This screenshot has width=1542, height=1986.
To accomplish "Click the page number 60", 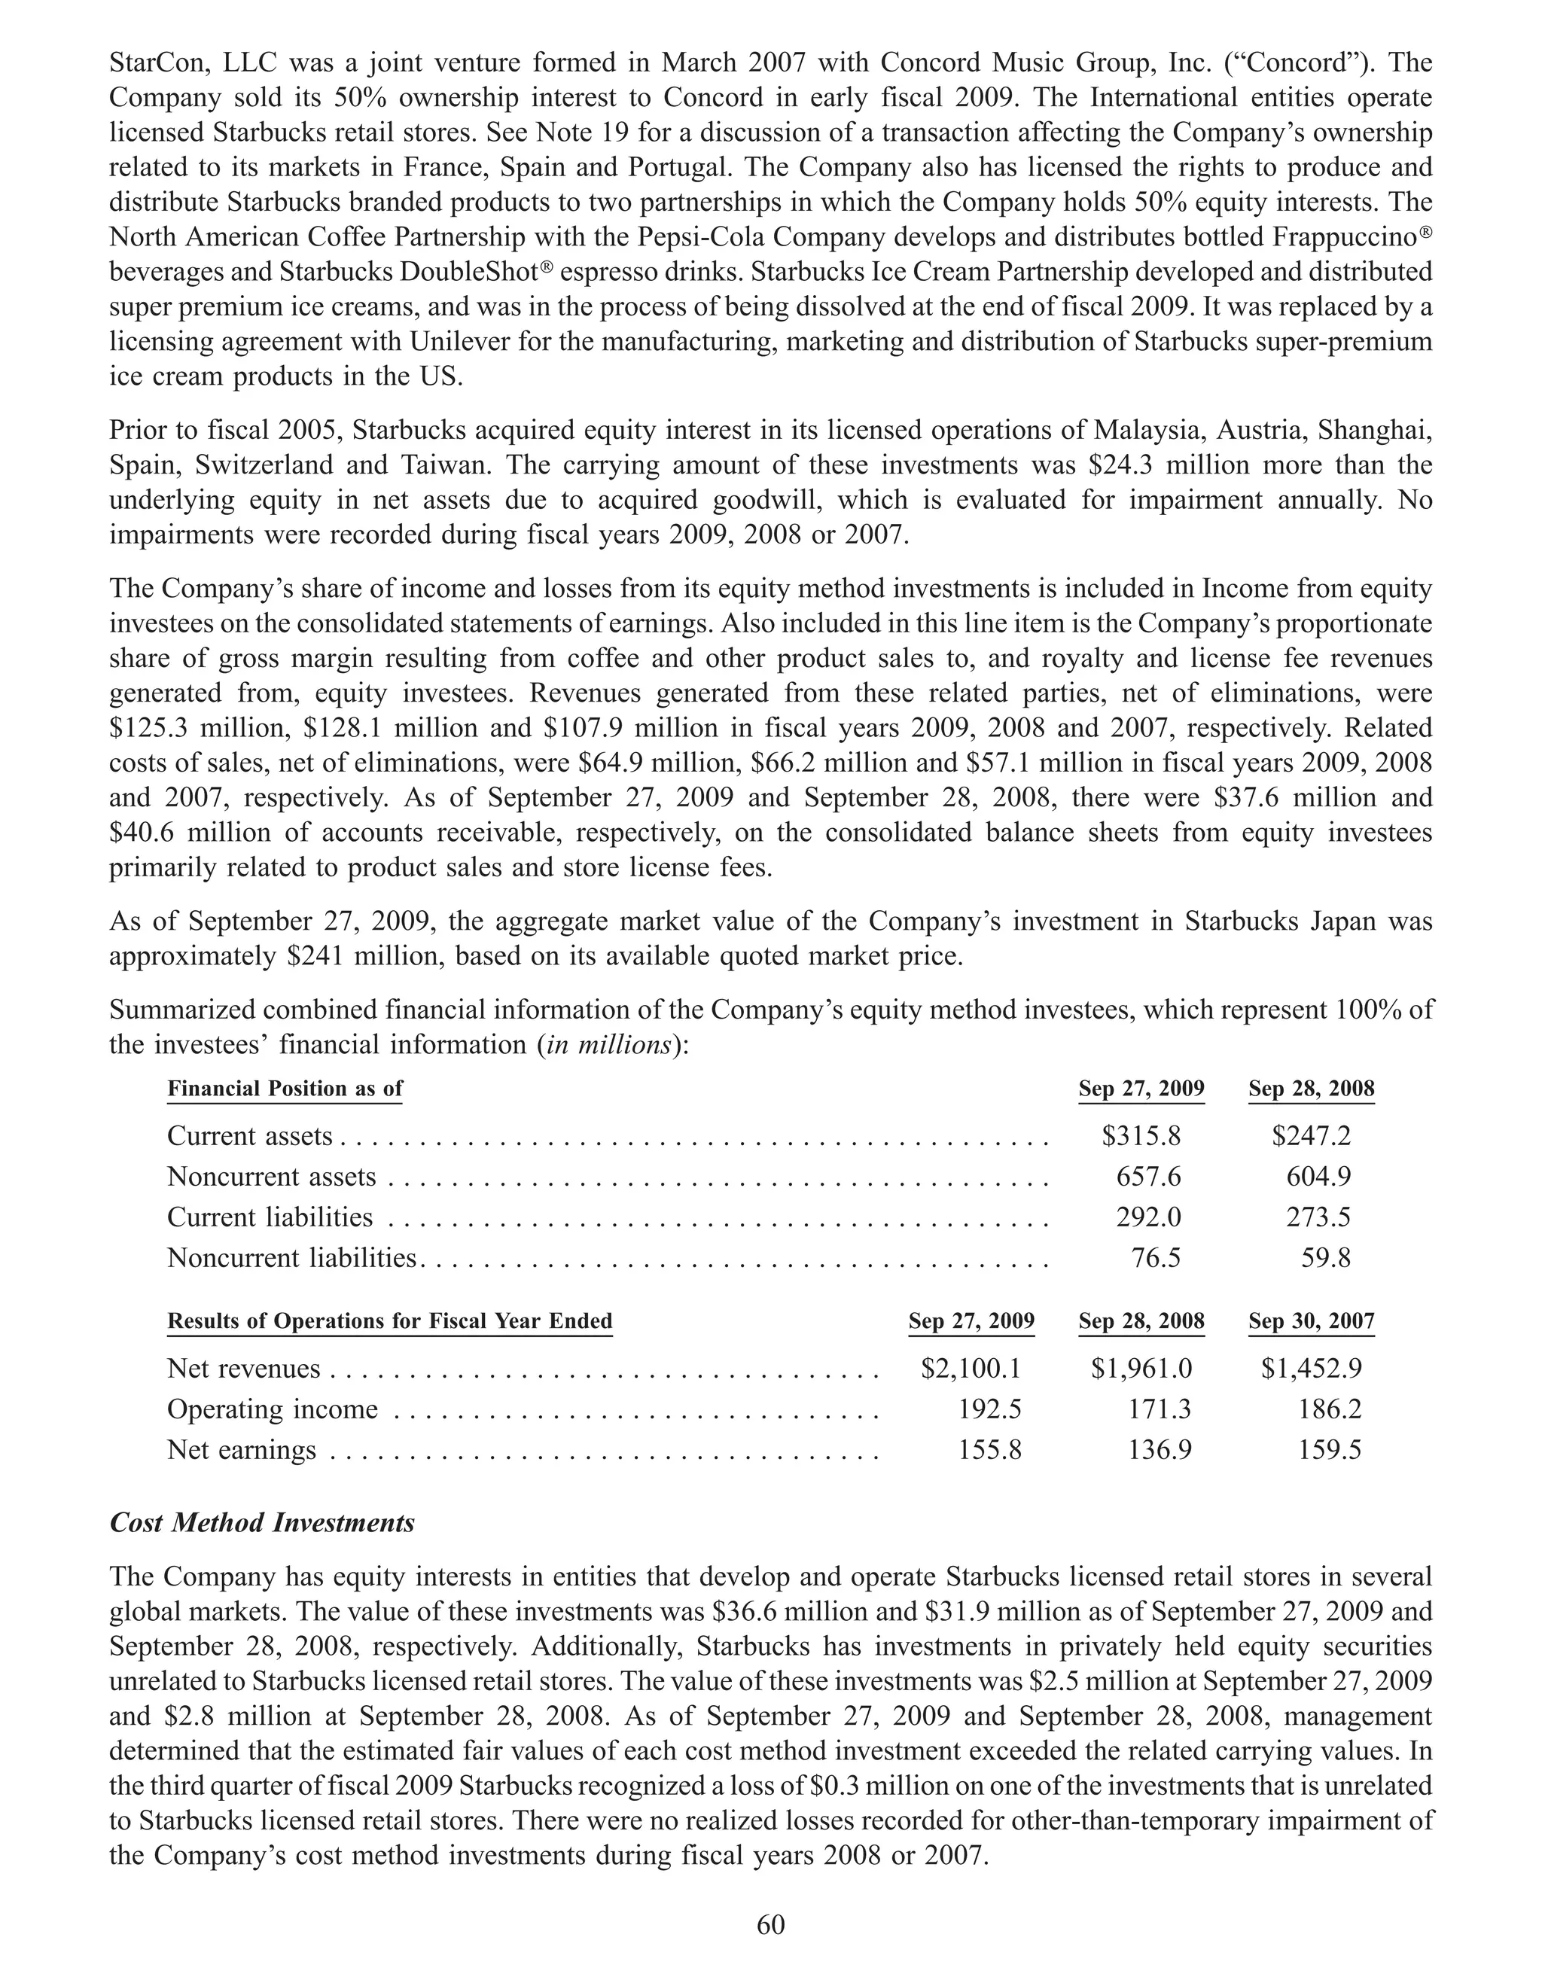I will (770, 1925).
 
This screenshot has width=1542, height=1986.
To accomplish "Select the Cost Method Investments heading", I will (262, 1522).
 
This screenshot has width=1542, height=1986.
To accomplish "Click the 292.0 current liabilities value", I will (1148, 1217).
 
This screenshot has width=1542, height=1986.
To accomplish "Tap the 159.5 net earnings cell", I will (1329, 1449).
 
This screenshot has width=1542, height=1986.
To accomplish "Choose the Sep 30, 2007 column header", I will (1311, 1320).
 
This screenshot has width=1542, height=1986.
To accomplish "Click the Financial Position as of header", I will (285, 1089).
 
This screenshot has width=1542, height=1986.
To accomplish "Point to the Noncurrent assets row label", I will (271, 1177).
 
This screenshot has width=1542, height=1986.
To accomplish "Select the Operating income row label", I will (272, 1409).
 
